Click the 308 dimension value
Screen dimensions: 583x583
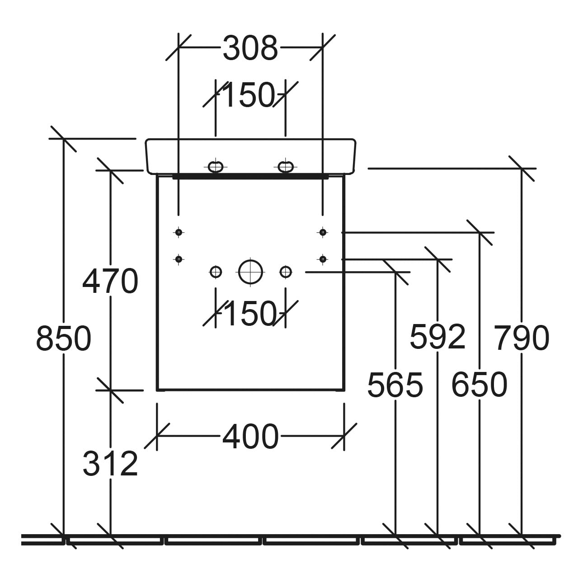tap(250, 48)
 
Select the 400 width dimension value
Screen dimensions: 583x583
tap(250, 437)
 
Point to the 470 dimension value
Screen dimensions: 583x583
tap(110, 281)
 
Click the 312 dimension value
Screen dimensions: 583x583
tap(110, 464)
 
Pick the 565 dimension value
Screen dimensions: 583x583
tap(395, 385)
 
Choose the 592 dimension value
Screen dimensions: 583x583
tap(437, 337)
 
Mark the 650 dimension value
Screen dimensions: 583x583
tap(479, 385)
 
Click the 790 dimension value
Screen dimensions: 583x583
tap(522, 339)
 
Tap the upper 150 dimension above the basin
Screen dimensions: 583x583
tap(249, 95)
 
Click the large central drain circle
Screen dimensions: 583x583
tap(250, 272)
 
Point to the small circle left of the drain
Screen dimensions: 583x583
tap(216, 272)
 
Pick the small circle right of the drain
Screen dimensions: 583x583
tap(286, 272)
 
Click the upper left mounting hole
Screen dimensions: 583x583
tap(179, 232)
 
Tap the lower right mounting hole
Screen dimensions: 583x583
tap(322, 259)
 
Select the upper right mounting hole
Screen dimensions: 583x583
tap(322, 232)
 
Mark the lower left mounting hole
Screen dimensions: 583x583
tap(179, 259)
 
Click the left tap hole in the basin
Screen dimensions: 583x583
tap(216, 167)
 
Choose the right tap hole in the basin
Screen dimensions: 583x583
tap(285, 167)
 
